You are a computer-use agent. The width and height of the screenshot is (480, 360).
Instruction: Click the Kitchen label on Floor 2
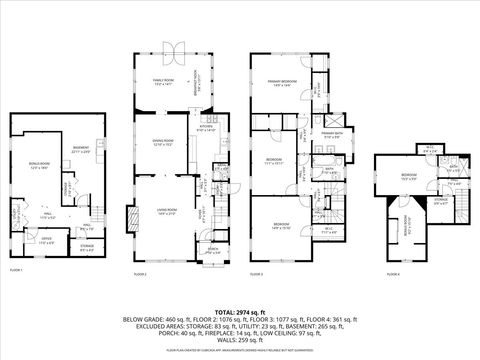[x=207, y=129]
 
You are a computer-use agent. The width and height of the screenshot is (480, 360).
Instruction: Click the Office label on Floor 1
[x=46, y=239]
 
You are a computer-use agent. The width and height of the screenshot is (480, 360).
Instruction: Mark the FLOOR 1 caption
[x=16, y=271]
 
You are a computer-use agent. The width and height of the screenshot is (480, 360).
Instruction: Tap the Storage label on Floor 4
[x=441, y=200]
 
